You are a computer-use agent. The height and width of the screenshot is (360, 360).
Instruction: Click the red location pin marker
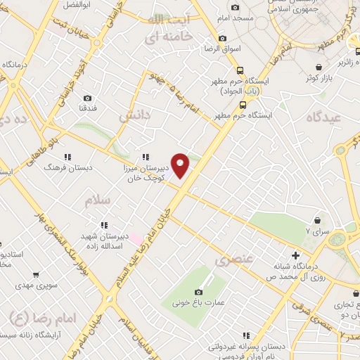[x=181, y=165]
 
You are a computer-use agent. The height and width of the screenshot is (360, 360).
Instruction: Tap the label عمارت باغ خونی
[x=197, y=304]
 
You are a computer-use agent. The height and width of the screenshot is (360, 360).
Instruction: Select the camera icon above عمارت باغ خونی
[x=198, y=292]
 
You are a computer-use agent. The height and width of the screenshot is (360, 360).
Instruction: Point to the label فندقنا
[x=87, y=110]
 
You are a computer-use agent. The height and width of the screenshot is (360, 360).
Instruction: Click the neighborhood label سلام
[x=98, y=201]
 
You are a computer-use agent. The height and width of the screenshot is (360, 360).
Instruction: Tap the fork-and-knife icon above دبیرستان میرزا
[x=145, y=157]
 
